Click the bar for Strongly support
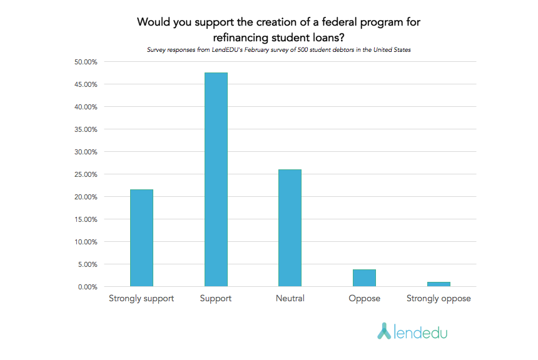(x=141, y=238)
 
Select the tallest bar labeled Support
(x=216, y=180)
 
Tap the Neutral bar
(x=290, y=228)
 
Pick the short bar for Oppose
(x=364, y=278)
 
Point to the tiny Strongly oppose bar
(x=439, y=284)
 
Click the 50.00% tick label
(x=86, y=62)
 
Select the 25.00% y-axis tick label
(x=86, y=174)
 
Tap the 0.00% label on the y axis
(x=88, y=287)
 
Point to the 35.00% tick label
(x=86, y=129)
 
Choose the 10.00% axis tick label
(x=86, y=242)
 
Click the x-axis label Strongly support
(x=141, y=299)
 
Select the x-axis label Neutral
(x=290, y=299)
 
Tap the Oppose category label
(x=364, y=299)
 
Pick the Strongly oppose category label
(x=439, y=299)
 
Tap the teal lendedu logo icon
(x=384, y=331)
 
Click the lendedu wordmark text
(x=421, y=331)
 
